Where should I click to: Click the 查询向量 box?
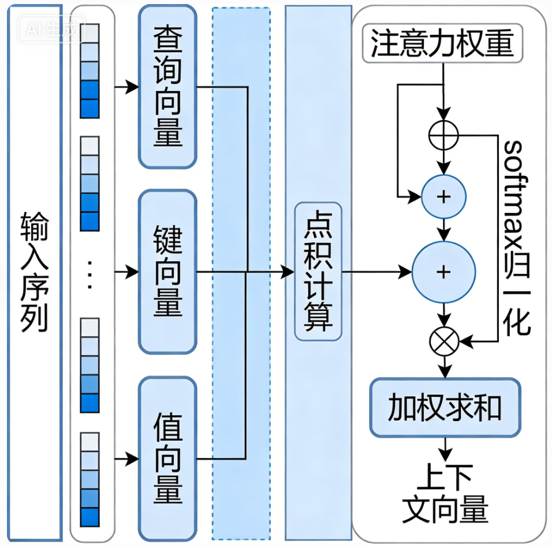point(167,87)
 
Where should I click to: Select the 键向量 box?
point(167,272)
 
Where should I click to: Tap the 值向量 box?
point(167,458)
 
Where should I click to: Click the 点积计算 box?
point(318,272)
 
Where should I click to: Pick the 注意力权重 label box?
point(442,43)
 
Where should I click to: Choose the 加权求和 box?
point(445,408)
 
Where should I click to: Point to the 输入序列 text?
point(34,272)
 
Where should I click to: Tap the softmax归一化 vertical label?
point(517,238)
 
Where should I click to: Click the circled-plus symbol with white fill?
point(443,135)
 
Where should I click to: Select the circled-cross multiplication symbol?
point(444,341)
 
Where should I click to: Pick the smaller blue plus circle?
point(443,197)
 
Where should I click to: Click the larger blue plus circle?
point(443,272)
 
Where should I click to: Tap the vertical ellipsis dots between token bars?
point(89,275)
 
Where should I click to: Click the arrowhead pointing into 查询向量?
point(132,87)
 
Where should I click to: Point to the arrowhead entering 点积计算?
point(288,272)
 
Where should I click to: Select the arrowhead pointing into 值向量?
point(132,458)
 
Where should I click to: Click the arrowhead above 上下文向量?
point(445,455)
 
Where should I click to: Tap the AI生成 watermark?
point(52,29)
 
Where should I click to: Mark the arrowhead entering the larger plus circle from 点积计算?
point(405,272)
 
